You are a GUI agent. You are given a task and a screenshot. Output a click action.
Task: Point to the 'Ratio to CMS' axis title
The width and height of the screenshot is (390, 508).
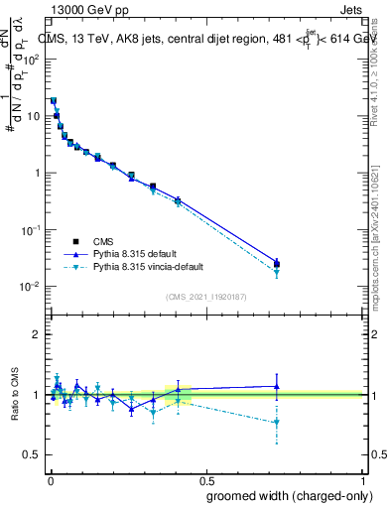[x=16, y=395]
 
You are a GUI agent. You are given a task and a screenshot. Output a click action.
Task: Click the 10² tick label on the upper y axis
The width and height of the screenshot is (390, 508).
[x=31, y=59]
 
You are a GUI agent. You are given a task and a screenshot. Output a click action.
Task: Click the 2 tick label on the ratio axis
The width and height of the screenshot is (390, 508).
[x=37, y=334]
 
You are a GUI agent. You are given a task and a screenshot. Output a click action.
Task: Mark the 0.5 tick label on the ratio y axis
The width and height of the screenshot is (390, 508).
[x=33, y=454]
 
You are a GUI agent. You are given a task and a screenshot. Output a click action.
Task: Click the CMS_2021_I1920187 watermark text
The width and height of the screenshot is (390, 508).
[x=206, y=297]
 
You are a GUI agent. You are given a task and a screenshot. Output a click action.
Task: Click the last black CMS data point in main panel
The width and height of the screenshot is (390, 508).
[x=277, y=264]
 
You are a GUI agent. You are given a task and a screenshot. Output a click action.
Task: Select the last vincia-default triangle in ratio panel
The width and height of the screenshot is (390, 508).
[x=277, y=423]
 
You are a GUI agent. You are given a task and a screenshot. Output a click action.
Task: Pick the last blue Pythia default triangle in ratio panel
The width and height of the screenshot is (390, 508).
[x=277, y=387]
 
